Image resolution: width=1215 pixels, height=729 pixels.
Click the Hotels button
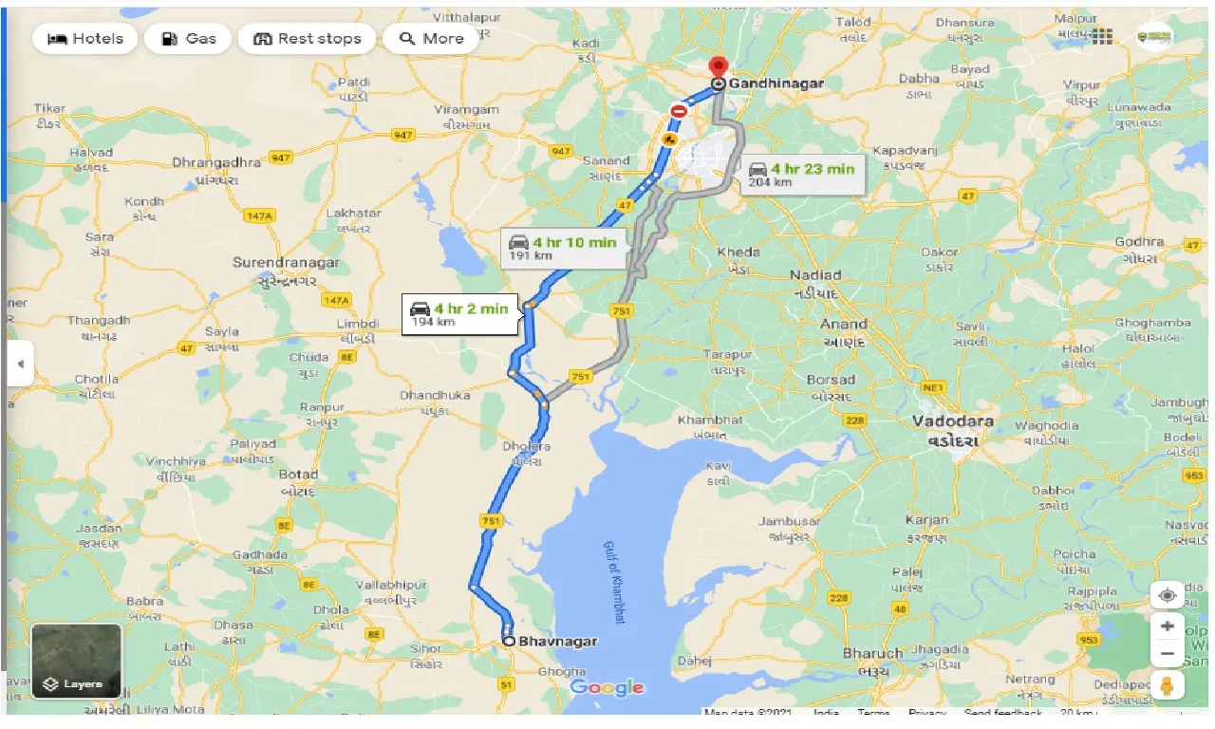click(x=85, y=39)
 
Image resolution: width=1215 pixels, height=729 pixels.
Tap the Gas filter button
click(x=189, y=39)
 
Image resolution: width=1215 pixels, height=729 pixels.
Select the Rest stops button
click(x=307, y=39)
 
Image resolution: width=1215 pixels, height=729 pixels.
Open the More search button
click(x=431, y=39)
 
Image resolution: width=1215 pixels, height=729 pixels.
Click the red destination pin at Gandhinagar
click(x=719, y=69)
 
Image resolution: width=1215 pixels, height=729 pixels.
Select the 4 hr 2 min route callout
click(x=460, y=313)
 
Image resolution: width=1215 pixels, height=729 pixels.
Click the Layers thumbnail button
click(x=76, y=661)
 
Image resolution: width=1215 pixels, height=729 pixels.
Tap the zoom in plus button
click(x=1168, y=626)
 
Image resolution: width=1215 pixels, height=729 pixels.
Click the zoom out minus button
click(x=1168, y=654)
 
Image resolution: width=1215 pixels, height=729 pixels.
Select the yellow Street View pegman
click(x=1168, y=685)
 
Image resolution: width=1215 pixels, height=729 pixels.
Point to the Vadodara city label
click(x=952, y=421)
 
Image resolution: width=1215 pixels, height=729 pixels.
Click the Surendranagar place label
click(x=287, y=263)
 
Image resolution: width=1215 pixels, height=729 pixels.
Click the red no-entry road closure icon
click(x=679, y=111)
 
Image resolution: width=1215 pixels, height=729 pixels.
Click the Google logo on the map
click(x=607, y=687)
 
